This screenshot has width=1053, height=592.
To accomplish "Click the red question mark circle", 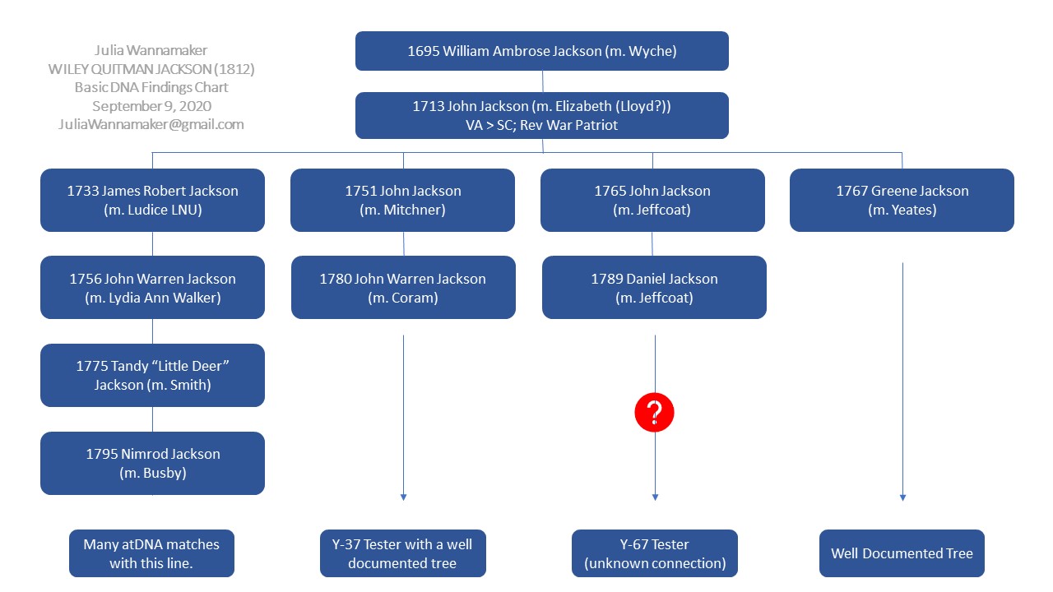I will (655, 412).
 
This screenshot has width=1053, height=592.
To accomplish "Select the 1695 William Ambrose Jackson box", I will (542, 51).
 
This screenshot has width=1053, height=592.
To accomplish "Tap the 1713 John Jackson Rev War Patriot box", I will (542, 115).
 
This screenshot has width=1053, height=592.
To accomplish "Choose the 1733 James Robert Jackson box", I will (152, 200).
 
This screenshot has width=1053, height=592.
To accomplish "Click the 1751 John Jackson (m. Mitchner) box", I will (403, 200).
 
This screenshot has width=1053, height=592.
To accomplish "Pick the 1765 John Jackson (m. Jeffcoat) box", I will (652, 200).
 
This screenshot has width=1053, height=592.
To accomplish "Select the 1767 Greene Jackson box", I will (902, 200).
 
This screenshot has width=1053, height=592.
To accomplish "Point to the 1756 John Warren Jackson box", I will (152, 287).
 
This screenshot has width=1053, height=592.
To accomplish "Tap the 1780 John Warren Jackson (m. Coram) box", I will (403, 287).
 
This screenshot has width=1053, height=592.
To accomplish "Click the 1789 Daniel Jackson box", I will (654, 287).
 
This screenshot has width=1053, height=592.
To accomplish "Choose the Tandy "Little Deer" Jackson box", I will (152, 375).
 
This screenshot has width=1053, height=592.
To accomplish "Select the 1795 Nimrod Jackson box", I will (152, 463).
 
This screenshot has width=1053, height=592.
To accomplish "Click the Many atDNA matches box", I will (151, 553).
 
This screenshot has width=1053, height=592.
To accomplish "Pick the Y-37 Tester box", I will (403, 553).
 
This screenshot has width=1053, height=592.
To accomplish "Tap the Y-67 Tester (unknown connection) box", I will (655, 553).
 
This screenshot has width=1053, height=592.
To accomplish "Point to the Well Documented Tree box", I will (902, 553).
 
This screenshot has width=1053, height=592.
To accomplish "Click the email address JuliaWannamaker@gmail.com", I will (151, 125).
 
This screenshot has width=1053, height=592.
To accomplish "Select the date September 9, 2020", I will (151, 106).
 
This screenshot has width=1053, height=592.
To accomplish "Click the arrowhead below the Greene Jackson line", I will (902, 497).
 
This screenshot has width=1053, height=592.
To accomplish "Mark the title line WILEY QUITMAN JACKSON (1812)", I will (151, 69).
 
